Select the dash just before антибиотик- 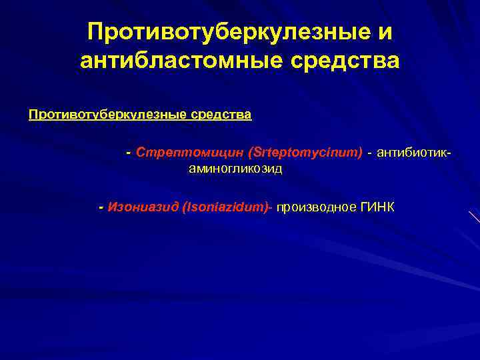[370, 153]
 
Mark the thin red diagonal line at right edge [474, 217]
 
